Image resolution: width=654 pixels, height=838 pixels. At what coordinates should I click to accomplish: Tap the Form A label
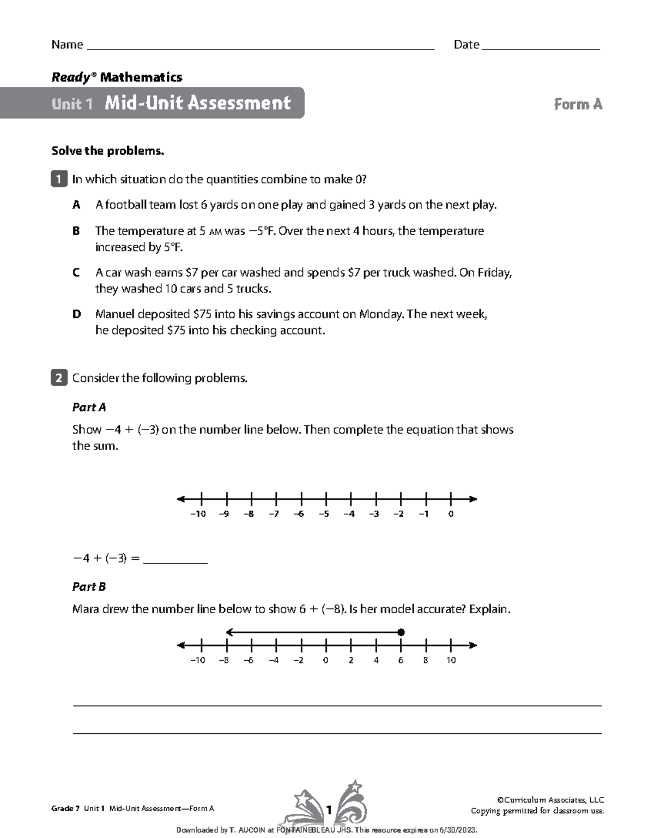pyautogui.click(x=578, y=104)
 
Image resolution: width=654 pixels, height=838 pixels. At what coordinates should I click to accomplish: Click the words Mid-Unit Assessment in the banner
pyautogui.click(x=198, y=103)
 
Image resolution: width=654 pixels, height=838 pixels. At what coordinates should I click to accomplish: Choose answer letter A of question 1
pyautogui.click(x=76, y=205)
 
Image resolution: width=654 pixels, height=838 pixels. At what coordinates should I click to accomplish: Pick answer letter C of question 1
pyautogui.click(x=76, y=272)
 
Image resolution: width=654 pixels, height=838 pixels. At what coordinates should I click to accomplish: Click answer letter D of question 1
pyautogui.click(x=76, y=314)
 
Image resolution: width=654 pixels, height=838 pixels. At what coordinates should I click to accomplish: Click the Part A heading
pyautogui.click(x=89, y=407)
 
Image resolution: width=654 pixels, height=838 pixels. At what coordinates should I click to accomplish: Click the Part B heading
pyautogui.click(x=89, y=587)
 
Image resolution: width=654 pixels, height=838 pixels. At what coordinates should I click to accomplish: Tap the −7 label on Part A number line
pyautogui.click(x=274, y=514)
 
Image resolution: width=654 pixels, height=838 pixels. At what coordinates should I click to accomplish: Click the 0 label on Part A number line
pyautogui.click(x=451, y=514)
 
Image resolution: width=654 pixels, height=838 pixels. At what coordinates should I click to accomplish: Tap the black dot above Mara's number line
pyautogui.click(x=401, y=632)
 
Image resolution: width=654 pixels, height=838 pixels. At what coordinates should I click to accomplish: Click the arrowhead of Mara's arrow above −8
pyautogui.click(x=229, y=632)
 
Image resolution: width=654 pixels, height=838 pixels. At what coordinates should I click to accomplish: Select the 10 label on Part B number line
pyautogui.click(x=451, y=660)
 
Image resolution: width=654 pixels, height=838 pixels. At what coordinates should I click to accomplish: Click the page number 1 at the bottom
pyautogui.click(x=329, y=810)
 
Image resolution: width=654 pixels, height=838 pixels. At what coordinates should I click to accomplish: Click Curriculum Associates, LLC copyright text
pyautogui.click(x=550, y=800)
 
